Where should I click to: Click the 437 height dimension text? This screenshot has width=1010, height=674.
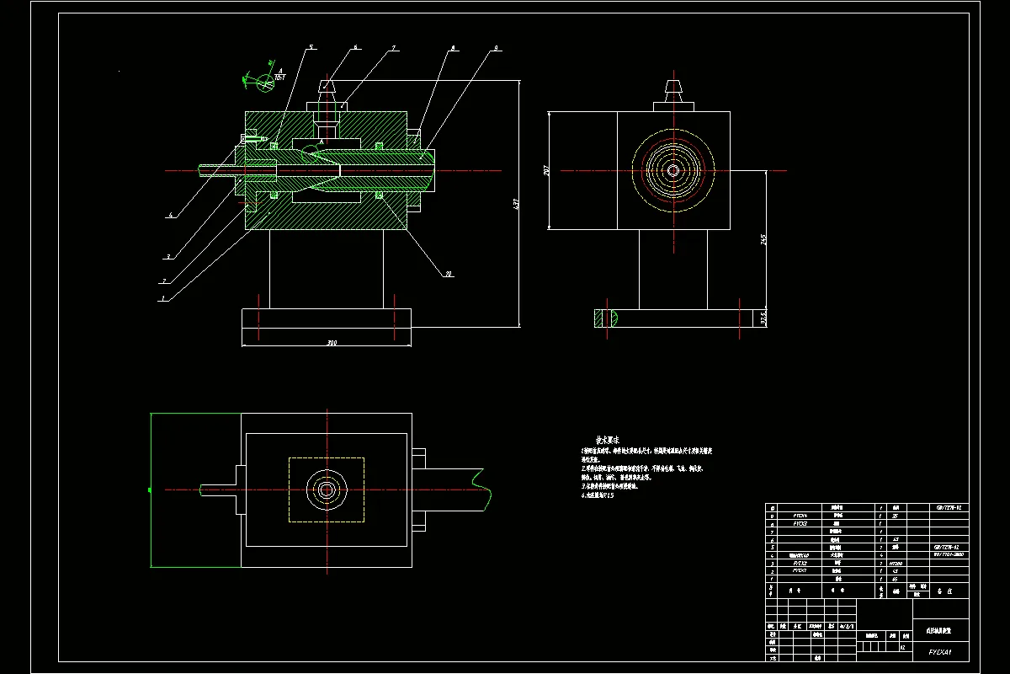516,203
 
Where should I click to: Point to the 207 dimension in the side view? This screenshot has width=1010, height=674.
547,169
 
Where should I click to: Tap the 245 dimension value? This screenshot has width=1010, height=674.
763,239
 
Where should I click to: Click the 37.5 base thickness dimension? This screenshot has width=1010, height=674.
763,318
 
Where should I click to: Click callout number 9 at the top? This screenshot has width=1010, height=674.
497,49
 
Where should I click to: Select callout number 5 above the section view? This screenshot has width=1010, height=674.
311,48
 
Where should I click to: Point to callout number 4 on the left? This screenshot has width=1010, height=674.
171,216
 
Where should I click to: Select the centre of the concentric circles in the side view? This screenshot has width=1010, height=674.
672,170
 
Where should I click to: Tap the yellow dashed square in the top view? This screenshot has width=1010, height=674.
327,489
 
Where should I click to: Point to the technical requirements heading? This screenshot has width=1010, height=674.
607,440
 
